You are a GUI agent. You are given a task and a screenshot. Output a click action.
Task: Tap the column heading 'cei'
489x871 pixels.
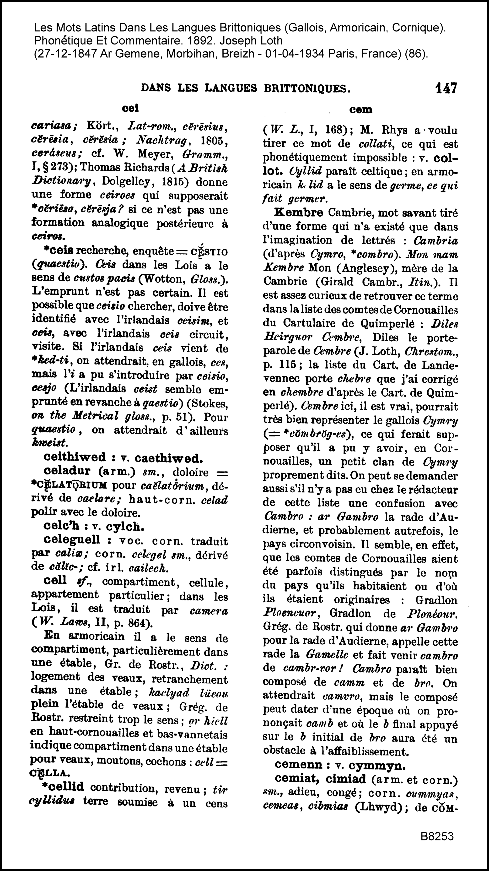coord(130,108)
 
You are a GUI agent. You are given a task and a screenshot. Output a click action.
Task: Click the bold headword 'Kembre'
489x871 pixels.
coord(299,213)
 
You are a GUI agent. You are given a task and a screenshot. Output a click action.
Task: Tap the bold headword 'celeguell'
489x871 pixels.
coord(72,540)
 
